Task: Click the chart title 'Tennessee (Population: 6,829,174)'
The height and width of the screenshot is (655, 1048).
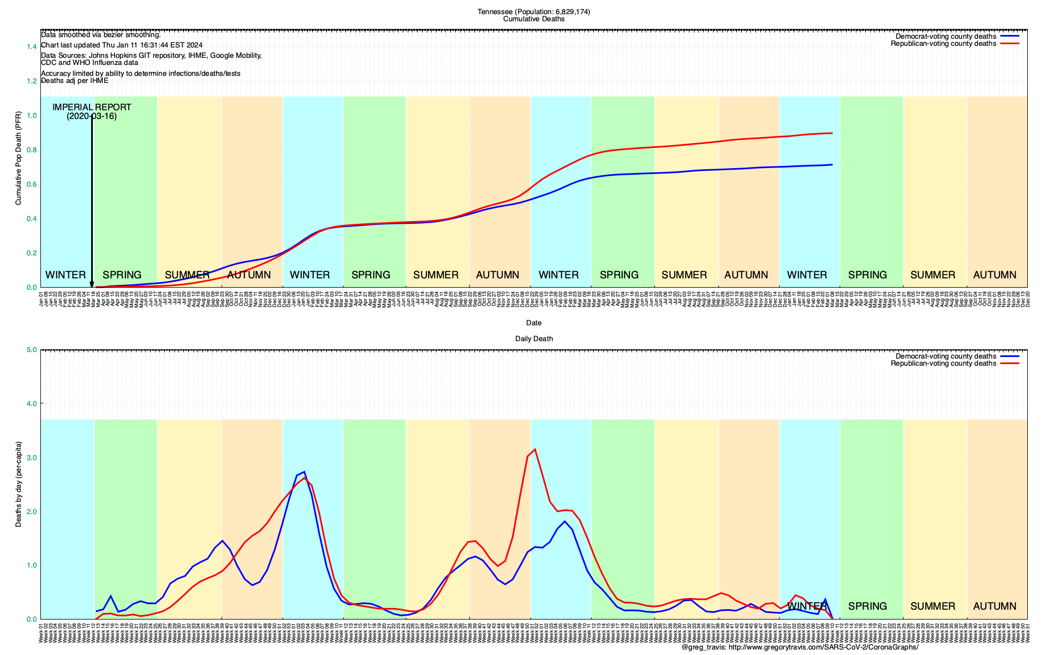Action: pyautogui.click(x=533, y=11)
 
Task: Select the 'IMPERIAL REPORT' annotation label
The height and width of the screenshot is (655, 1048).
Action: pyautogui.click(x=92, y=107)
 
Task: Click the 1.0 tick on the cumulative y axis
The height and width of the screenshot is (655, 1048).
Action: pyautogui.click(x=32, y=116)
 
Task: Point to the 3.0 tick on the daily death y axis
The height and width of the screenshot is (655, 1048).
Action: pyautogui.click(x=32, y=457)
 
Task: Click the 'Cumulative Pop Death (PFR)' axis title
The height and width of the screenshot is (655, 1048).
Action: pyautogui.click(x=19, y=158)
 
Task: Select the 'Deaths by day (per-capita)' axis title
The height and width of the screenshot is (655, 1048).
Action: pyautogui.click(x=19, y=484)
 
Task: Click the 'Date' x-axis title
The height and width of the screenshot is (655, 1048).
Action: pyautogui.click(x=533, y=323)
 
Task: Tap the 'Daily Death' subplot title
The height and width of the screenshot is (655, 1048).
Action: pyautogui.click(x=534, y=339)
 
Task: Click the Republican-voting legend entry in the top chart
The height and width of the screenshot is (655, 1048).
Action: pyautogui.click(x=943, y=44)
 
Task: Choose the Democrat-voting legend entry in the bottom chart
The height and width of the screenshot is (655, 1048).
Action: pyautogui.click(x=945, y=356)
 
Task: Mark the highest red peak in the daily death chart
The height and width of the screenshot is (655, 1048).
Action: pyautogui.click(x=535, y=449)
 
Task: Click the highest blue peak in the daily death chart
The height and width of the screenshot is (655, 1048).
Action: pyautogui.click(x=304, y=472)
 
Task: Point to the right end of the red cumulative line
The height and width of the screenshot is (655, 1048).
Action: pyautogui.click(x=832, y=133)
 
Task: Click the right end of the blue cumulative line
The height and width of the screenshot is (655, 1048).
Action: pyautogui.click(x=832, y=164)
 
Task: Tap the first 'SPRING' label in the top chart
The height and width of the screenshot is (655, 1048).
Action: pyautogui.click(x=122, y=275)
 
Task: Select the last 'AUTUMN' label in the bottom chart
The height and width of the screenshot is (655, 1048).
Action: pyautogui.click(x=995, y=606)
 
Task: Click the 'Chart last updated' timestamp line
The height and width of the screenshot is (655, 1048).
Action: pyautogui.click(x=122, y=45)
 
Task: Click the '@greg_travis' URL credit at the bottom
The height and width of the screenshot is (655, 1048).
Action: pyautogui.click(x=800, y=647)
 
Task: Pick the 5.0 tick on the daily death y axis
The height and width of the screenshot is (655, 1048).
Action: pyautogui.click(x=32, y=350)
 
